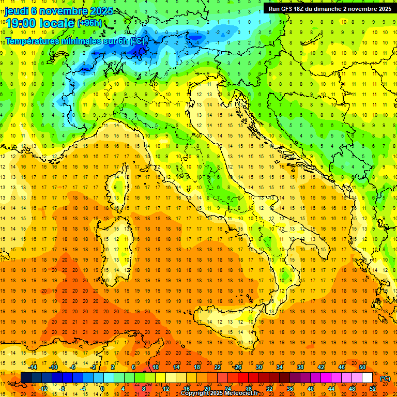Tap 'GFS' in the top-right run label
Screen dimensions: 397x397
point(289,9)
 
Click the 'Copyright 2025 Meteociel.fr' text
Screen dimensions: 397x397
point(223,393)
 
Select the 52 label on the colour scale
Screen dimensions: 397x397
point(372,388)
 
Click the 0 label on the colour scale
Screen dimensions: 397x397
point(102,388)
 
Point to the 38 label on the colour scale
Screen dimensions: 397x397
point(300,367)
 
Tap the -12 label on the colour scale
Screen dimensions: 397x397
point(43,388)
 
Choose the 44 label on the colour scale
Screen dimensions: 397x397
point(331,388)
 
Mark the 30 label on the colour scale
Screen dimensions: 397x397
point(259,367)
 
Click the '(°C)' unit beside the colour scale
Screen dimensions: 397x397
point(385,378)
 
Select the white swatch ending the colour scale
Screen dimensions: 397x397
point(367,377)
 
